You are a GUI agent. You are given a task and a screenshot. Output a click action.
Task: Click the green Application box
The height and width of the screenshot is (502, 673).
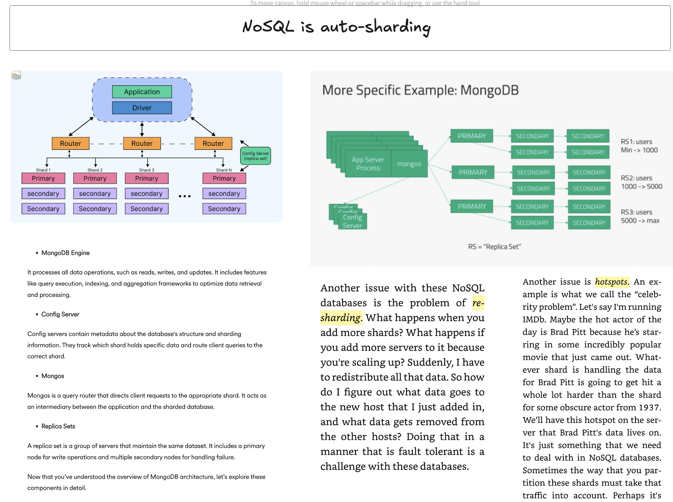[142, 92]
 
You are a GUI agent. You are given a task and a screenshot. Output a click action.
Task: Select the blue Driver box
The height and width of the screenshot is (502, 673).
[142, 108]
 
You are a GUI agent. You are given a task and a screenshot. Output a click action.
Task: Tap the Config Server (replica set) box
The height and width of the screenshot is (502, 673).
[255, 156]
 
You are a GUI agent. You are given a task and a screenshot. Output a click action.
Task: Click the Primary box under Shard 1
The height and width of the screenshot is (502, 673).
[43, 178]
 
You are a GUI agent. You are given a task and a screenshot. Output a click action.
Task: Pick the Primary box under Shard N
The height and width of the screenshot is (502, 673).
[224, 178]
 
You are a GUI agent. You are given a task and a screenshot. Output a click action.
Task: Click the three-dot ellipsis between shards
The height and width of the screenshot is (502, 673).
[184, 196]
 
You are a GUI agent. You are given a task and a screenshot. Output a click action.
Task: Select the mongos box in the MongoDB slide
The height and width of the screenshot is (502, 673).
[409, 164]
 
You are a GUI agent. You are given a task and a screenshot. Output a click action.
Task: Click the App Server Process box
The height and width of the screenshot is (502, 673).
[368, 164]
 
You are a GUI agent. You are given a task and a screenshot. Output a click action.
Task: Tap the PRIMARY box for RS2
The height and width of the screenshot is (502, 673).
[473, 172]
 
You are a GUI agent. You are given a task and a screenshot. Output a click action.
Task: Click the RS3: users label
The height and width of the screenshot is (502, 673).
[636, 212]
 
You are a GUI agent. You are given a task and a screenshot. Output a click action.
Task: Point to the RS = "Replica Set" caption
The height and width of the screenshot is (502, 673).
[494, 247]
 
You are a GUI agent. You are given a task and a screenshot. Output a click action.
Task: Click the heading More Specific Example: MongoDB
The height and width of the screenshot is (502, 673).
[420, 90]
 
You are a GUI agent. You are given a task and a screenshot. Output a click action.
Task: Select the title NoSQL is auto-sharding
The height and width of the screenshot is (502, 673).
[336, 27]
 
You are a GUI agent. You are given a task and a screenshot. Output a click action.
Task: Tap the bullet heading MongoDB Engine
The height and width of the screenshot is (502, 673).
[65, 253]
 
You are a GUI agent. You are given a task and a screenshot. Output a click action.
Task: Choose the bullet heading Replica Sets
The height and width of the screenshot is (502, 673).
[58, 426]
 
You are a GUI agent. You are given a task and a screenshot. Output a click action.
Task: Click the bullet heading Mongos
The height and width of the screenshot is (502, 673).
[53, 376]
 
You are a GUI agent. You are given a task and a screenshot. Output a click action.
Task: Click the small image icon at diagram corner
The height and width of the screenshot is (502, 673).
[16, 75]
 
